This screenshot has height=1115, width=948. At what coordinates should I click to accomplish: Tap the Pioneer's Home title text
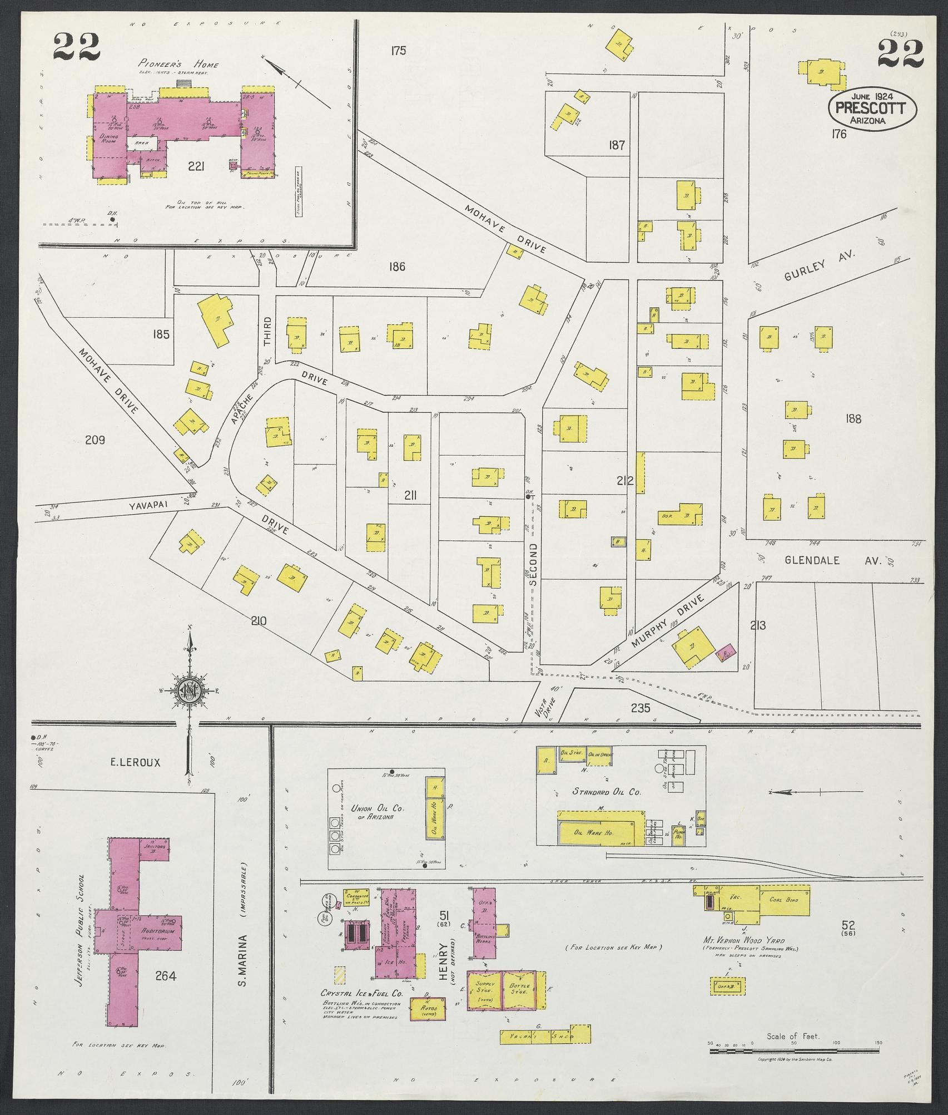coord(178,65)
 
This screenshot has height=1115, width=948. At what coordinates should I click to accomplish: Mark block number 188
coord(852,418)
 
